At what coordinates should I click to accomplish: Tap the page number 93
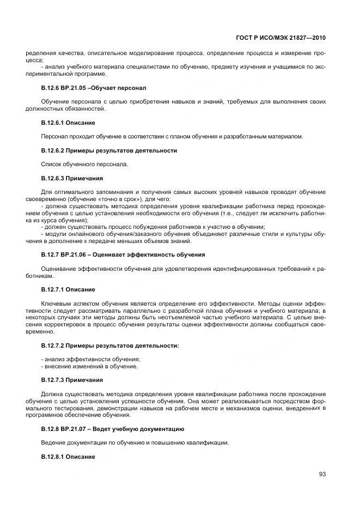coord(322,474)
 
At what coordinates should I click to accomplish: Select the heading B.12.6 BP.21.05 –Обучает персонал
coord(94,88)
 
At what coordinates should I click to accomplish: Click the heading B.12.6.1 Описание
coord(68,123)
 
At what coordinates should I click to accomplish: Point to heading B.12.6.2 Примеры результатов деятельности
coord(109,150)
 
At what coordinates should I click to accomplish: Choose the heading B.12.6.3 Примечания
coord(72,178)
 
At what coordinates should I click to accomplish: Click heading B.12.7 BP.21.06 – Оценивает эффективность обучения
coord(123,254)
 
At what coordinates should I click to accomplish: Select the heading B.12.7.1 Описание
coord(68,289)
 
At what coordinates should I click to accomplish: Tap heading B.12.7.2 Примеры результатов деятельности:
coord(110,345)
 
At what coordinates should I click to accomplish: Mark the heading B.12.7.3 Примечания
coord(72,380)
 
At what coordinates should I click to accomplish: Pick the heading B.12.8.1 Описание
coord(68,456)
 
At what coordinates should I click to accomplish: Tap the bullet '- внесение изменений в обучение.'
coord(89,366)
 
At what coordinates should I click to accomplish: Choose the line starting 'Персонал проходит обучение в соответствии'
coord(172,136)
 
